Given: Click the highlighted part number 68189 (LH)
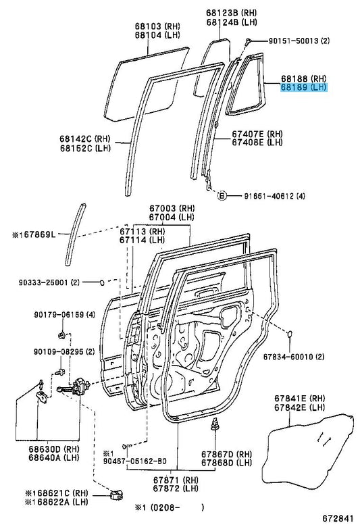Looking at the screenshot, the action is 303,88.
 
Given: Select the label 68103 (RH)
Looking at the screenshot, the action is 157,26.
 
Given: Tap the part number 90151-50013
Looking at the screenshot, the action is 293,41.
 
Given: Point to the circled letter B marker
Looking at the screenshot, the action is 222,195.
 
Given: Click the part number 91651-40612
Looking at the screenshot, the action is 269,196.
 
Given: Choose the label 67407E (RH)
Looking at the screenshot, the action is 257,134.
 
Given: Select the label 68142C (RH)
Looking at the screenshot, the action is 85,139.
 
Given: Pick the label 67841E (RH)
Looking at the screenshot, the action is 300,399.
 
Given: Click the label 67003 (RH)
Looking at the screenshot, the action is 172,208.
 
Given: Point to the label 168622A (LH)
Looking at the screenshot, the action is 57,502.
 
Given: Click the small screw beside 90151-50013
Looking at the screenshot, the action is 249,42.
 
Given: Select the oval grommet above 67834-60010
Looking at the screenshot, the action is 289,334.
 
